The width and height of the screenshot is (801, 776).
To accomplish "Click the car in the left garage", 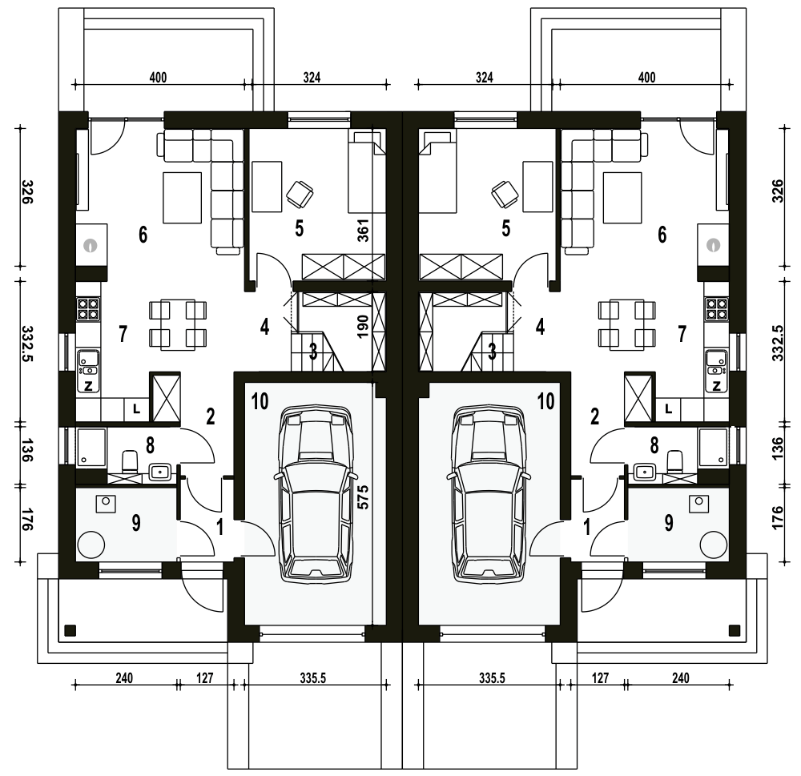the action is pos(315,493).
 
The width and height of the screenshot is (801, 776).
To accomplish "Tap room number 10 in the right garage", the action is pos(546,401).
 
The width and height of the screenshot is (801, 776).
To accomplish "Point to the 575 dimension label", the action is pos(363,496).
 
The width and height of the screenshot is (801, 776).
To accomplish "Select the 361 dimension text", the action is pos(363,230).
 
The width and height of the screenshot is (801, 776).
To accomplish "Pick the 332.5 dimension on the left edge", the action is pos(28,344).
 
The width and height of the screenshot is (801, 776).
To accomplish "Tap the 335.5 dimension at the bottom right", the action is pos(492,678).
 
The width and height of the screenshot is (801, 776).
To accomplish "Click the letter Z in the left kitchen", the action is pos(88,386).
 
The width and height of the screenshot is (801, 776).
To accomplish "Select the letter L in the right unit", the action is pos(669,408).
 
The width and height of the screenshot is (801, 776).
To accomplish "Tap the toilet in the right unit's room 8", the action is pos(674,461).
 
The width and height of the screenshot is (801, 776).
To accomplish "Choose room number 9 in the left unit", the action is pos(136,523).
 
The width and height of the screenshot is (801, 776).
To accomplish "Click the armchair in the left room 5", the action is pos(300,195).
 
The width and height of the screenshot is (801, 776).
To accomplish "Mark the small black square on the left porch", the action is pos(70,630).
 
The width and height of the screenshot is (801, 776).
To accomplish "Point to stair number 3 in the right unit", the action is pos(492,352).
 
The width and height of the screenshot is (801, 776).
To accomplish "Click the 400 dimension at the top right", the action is pos(646,78).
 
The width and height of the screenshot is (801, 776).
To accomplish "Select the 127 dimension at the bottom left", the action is pos(204,678).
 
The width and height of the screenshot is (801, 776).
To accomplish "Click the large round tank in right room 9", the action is pos(714,545).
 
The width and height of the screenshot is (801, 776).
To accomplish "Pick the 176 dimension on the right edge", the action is pos(778,518).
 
